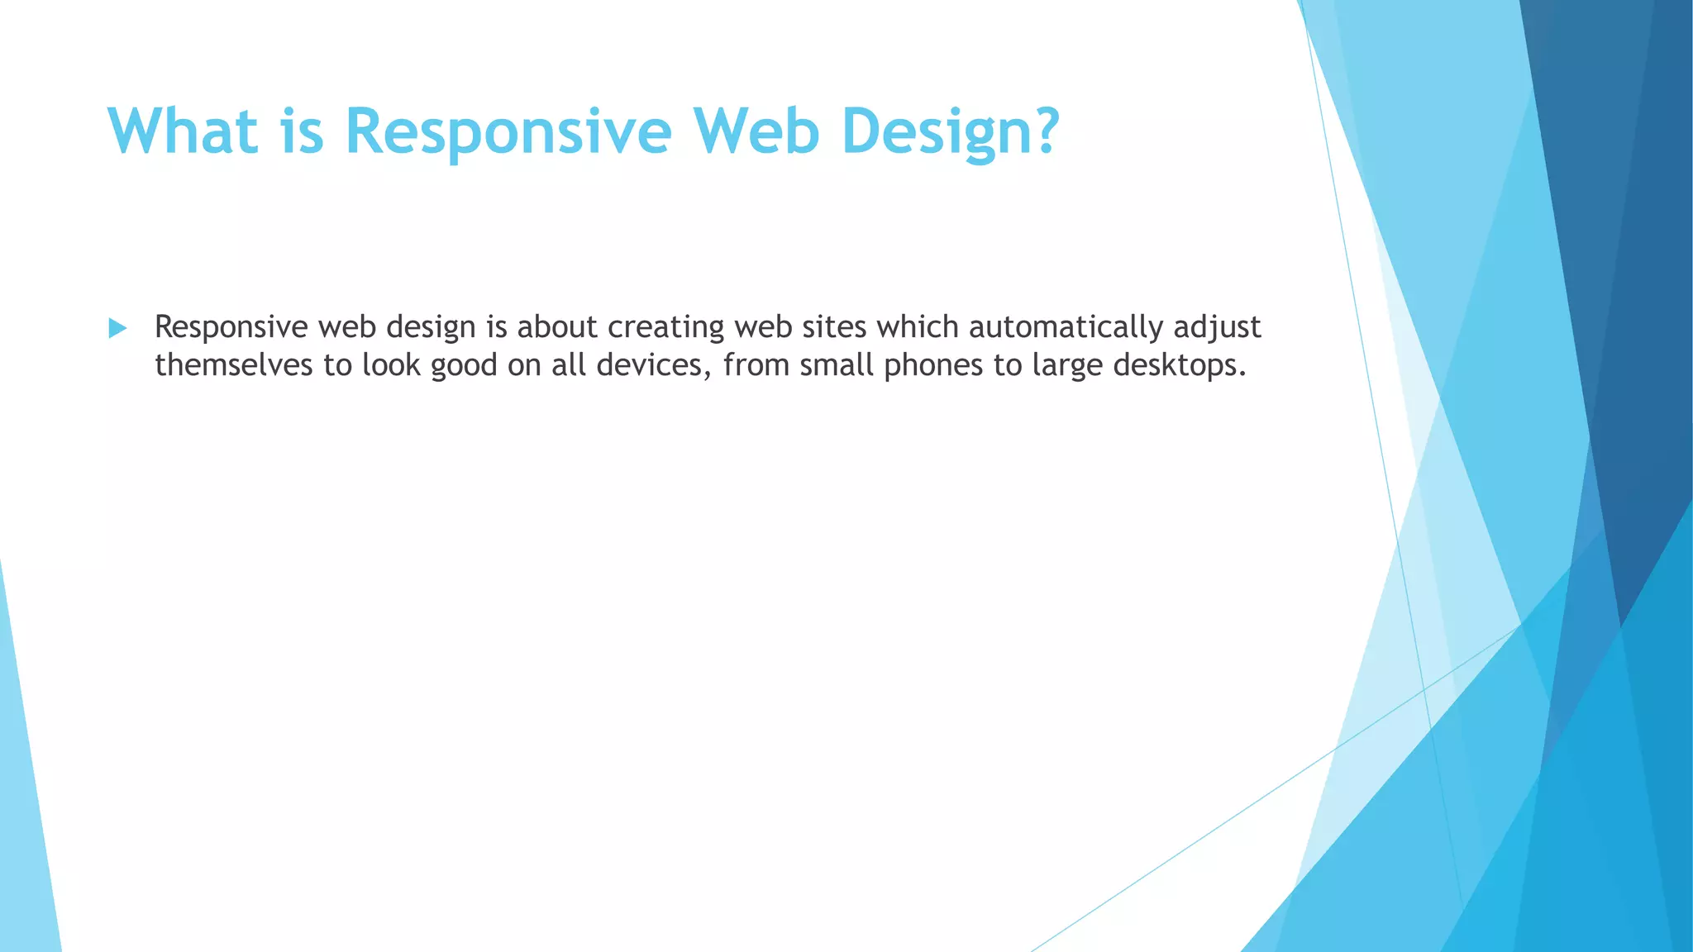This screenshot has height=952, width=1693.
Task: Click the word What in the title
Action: [x=183, y=131]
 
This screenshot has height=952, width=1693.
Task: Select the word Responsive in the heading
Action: [x=508, y=131]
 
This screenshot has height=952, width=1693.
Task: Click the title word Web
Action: [x=756, y=131]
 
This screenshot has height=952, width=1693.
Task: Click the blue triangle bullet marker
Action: [x=117, y=329]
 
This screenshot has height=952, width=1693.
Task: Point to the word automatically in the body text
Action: [x=1066, y=327]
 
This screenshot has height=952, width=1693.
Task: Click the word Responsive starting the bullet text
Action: [x=231, y=327]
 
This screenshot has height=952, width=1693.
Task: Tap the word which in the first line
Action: [x=918, y=327]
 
